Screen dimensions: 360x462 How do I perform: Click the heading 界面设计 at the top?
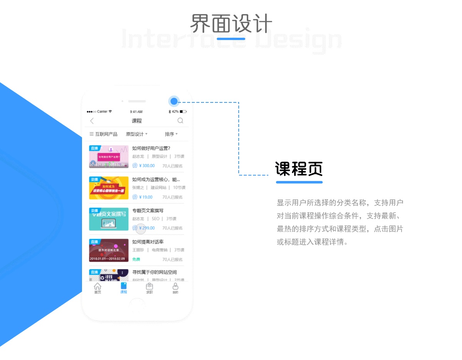pyautogui.click(x=231, y=24)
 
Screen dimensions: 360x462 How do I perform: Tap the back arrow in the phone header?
pyautogui.click(x=92, y=121)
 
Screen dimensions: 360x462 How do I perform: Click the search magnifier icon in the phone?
pyautogui.click(x=180, y=121)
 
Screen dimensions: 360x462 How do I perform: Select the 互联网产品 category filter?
pyautogui.click(x=104, y=134)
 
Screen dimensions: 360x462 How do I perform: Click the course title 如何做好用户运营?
pyautogui.click(x=151, y=148)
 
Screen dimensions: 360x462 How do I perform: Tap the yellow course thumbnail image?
pyautogui.click(x=109, y=188)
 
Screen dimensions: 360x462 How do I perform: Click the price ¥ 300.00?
pyautogui.click(x=146, y=166)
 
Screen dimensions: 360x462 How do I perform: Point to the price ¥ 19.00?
pyautogui.click(x=146, y=197)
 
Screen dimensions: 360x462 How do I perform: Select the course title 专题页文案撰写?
pyautogui.click(x=148, y=211)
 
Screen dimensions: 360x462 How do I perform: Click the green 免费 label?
pyautogui.click(x=136, y=260)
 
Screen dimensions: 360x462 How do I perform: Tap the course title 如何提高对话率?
pyautogui.click(x=148, y=242)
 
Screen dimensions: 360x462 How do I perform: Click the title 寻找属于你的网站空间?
pyautogui.click(x=154, y=272)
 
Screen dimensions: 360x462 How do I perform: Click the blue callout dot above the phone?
pyautogui.click(x=174, y=101)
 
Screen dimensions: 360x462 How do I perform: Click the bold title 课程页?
pyautogui.click(x=299, y=169)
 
